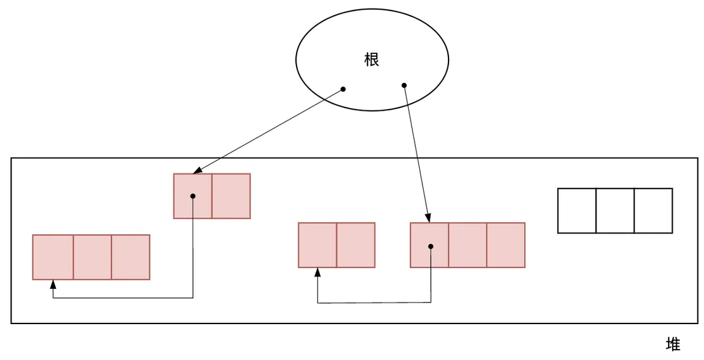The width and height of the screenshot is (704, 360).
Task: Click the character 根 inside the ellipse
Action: point(372,61)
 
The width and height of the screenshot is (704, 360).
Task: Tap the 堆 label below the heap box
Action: point(673,344)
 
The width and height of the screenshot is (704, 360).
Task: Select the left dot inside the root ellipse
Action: point(343,89)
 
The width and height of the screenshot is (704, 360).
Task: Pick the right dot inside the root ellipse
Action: point(404,85)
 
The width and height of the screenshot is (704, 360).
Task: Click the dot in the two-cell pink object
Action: point(193,196)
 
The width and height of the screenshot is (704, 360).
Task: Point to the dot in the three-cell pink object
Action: point(430,246)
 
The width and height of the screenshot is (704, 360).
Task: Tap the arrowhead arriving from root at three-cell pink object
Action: point(428,218)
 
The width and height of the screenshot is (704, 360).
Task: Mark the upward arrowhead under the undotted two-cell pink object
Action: point(317,272)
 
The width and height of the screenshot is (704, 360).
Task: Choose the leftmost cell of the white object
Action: point(577,211)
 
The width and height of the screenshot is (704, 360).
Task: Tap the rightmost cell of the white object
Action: point(653,211)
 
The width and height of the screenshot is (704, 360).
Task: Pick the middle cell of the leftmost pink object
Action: point(92,257)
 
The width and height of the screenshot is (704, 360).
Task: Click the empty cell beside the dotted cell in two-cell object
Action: point(231,196)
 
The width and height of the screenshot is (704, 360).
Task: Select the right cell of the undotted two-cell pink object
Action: point(355,245)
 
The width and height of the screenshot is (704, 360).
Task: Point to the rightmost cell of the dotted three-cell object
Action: point(506,245)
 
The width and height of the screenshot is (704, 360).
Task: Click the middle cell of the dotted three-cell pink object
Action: point(467,245)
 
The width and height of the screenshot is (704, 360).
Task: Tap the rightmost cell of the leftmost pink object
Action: point(130,257)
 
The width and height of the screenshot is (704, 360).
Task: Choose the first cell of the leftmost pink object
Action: point(53,257)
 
